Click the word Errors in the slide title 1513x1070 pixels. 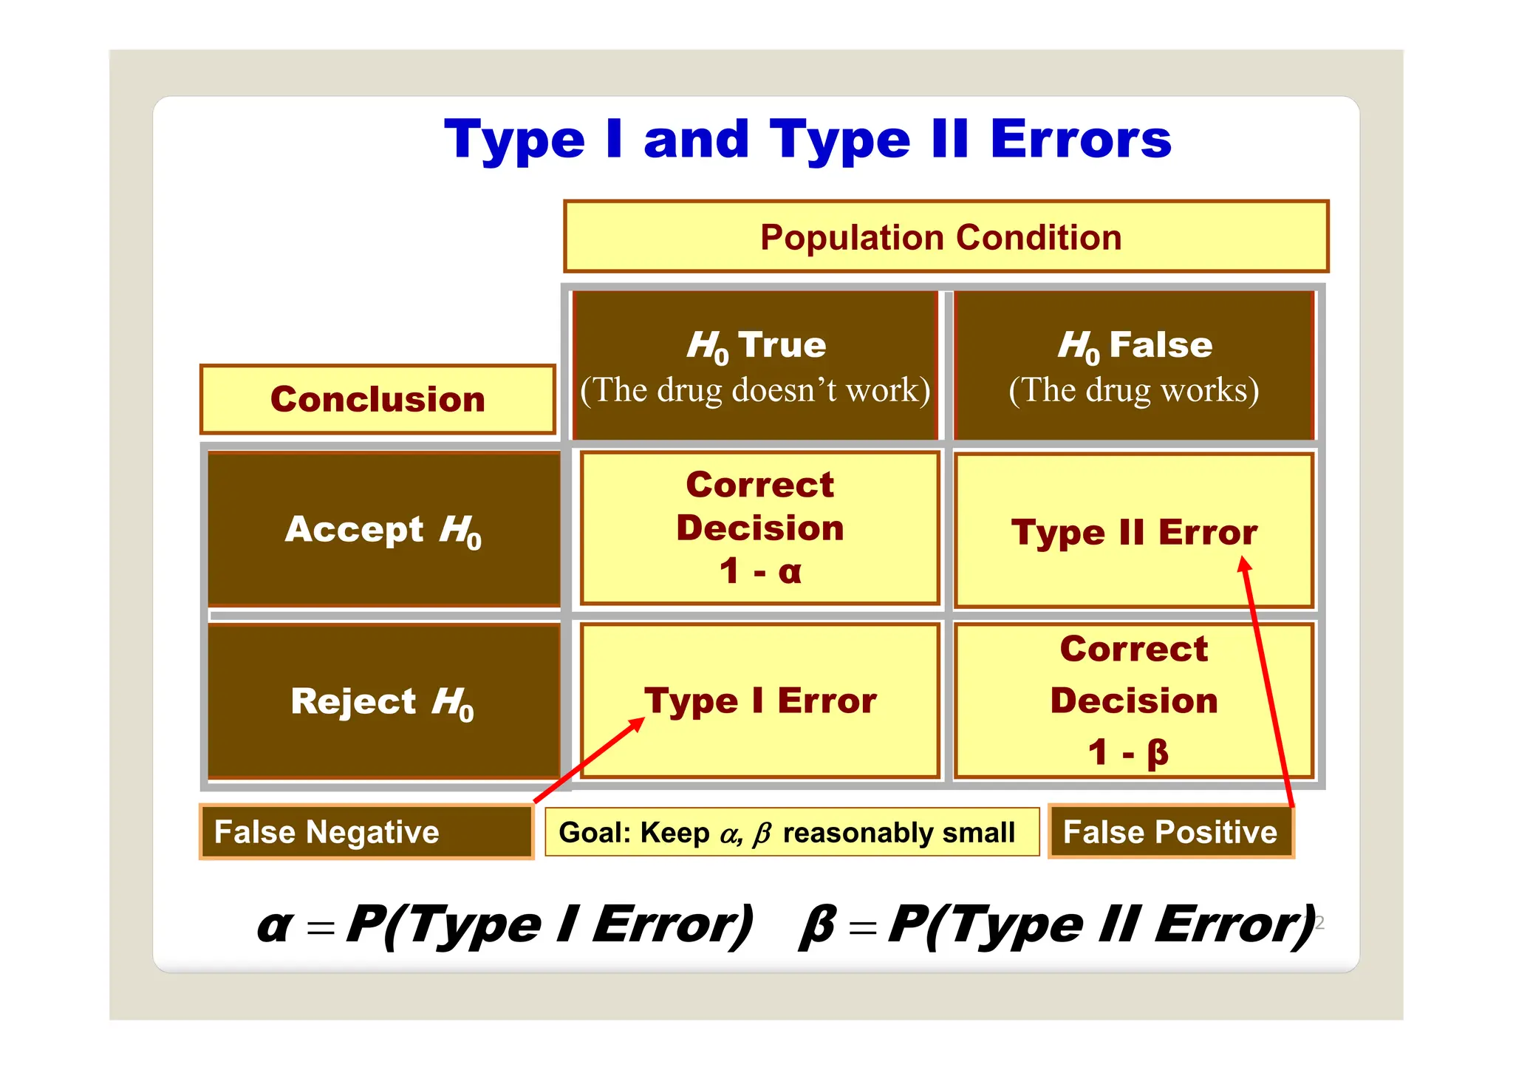(x=1080, y=140)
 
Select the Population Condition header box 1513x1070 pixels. (x=945, y=237)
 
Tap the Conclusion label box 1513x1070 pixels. (x=378, y=399)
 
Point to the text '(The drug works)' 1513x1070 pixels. (x=1134, y=390)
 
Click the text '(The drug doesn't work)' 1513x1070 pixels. (x=755, y=390)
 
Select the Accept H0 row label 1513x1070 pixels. (x=383, y=530)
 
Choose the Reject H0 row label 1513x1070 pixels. (x=383, y=701)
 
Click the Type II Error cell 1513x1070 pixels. (x=1133, y=533)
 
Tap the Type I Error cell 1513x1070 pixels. (x=760, y=701)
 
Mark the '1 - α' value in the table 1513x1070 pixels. (x=760, y=571)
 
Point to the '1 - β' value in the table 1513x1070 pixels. (x=1128, y=753)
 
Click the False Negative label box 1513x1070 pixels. (x=366, y=832)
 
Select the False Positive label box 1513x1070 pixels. (x=1170, y=832)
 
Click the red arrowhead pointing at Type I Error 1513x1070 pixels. (x=637, y=724)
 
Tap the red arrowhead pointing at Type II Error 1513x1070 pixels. (x=1244, y=565)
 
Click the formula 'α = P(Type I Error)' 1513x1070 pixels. (x=505, y=924)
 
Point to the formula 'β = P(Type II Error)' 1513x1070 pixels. (x=1057, y=924)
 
